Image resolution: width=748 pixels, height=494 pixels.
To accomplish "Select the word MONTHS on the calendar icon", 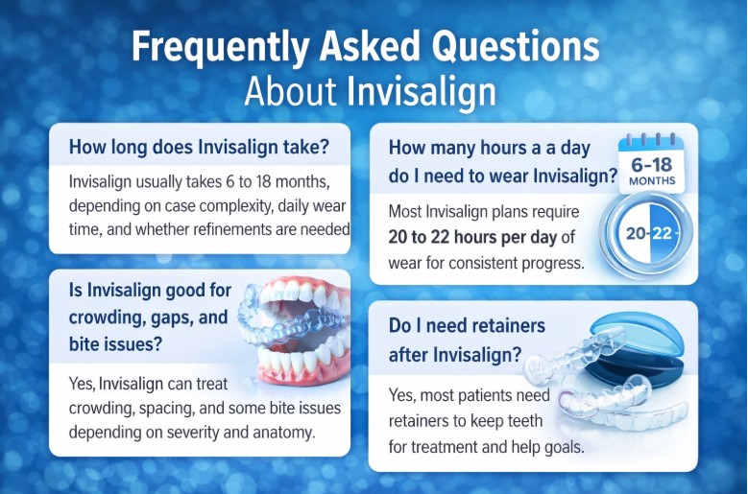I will click(652, 180).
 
